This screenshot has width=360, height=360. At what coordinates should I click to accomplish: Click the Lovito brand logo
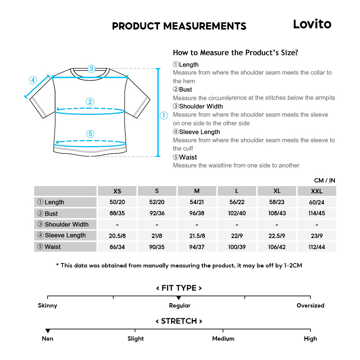click(x=312, y=24)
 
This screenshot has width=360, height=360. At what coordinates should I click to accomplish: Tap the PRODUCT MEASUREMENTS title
click(x=179, y=26)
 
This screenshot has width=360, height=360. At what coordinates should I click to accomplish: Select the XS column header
click(x=117, y=191)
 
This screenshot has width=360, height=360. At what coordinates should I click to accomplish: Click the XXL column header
click(x=317, y=191)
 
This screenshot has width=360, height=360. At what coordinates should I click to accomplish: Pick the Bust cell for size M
click(x=197, y=213)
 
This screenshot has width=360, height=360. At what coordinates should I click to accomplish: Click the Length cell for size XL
click(x=277, y=202)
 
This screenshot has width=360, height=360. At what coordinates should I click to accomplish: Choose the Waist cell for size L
click(x=237, y=247)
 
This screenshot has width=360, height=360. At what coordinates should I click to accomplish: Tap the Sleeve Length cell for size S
click(x=157, y=235)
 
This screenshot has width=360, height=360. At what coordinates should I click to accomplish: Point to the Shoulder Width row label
click(x=66, y=224)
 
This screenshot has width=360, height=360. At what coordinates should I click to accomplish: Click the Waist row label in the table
click(x=66, y=247)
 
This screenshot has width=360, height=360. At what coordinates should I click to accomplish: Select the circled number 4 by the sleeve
click(x=33, y=80)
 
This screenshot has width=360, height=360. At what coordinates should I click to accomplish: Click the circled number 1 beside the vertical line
click(x=164, y=116)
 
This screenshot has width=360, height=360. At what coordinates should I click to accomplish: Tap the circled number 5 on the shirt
click(x=90, y=134)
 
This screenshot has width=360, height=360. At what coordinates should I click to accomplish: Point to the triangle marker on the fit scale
click(x=179, y=298)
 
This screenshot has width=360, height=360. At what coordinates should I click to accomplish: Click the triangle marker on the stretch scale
click(x=48, y=331)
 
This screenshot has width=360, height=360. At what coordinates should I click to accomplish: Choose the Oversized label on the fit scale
click(x=310, y=306)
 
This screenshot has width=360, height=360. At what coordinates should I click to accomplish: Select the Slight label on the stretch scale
click(x=135, y=339)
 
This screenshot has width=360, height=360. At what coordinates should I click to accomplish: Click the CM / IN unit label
click(x=324, y=180)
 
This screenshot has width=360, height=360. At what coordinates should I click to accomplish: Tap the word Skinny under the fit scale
click(x=48, y=306)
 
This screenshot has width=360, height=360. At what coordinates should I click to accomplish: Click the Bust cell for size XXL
click(x=317, y=213)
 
